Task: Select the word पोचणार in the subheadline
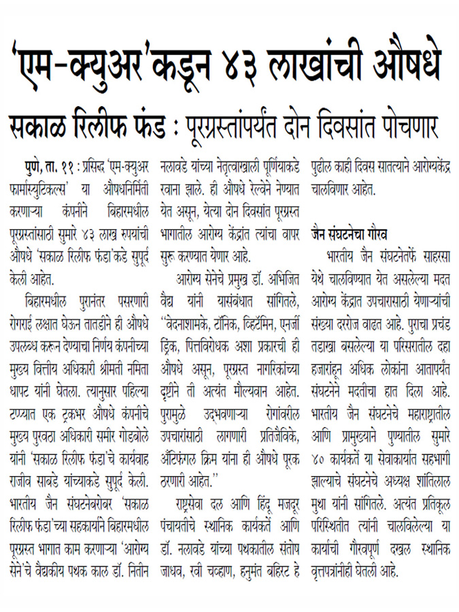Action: pyautogui.click(x=407, y=127)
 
